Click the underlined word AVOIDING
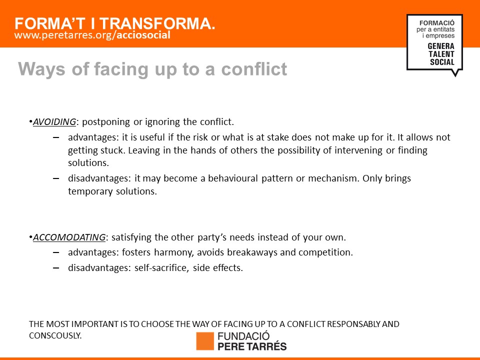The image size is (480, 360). click(x=54, y=122)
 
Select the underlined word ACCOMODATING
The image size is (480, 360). click(x=69, y=237)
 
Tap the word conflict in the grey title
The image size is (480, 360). click(x=254, y=69)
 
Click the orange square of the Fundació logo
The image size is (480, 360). click(x=205, y=341)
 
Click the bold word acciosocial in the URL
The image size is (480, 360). click(x=143, y=35)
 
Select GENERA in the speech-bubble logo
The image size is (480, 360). click(x=441, y=46)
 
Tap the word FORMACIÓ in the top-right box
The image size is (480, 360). click(x=437, y=22)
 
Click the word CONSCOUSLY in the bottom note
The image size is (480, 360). click(x=55, y=335)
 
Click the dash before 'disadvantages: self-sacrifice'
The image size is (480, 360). click(x=56, y=268)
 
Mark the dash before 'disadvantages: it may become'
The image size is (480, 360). click(x=56, y=178)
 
